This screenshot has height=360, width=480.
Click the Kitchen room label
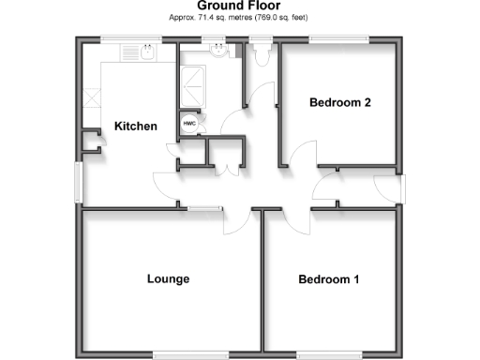point(136,126)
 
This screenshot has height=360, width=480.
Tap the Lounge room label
point(169,278)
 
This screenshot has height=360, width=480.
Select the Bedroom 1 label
point(329,278)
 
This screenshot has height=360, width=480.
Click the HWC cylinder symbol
point(188,123)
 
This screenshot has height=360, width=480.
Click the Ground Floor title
point(239,7)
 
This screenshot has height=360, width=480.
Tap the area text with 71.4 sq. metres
point(239,18)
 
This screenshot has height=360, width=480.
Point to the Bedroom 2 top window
point(339,39)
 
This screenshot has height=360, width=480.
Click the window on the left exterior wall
point(78,184)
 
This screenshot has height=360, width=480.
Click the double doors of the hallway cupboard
point(224,167)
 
